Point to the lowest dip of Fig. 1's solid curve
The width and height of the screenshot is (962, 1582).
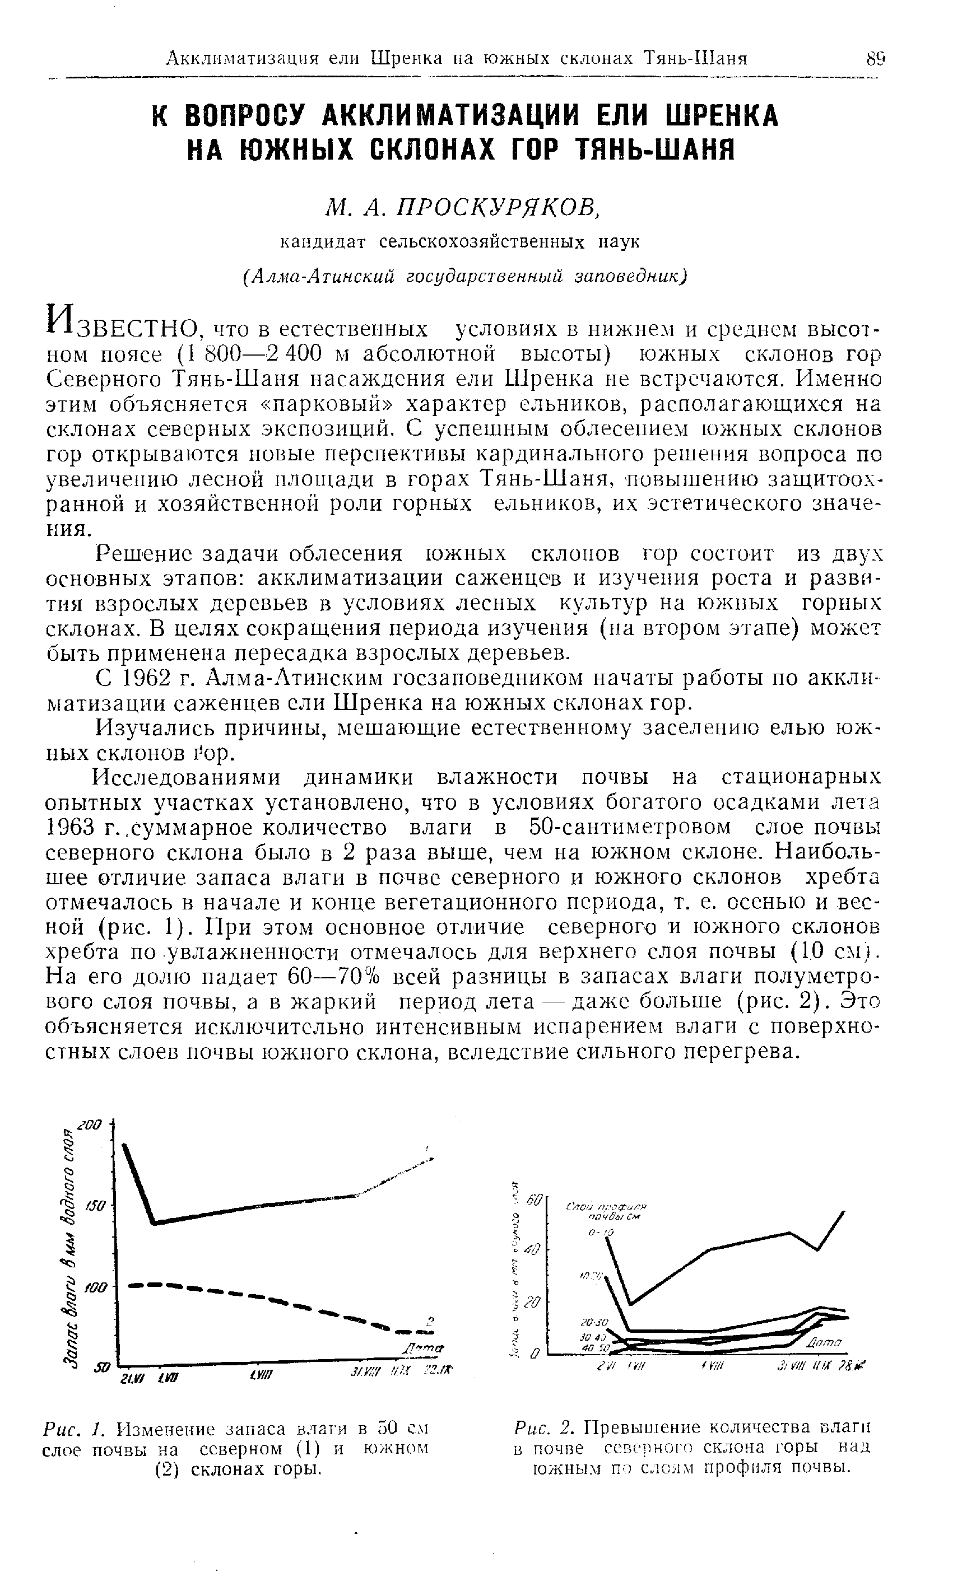pyautogui.click(x=154, y=1222)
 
